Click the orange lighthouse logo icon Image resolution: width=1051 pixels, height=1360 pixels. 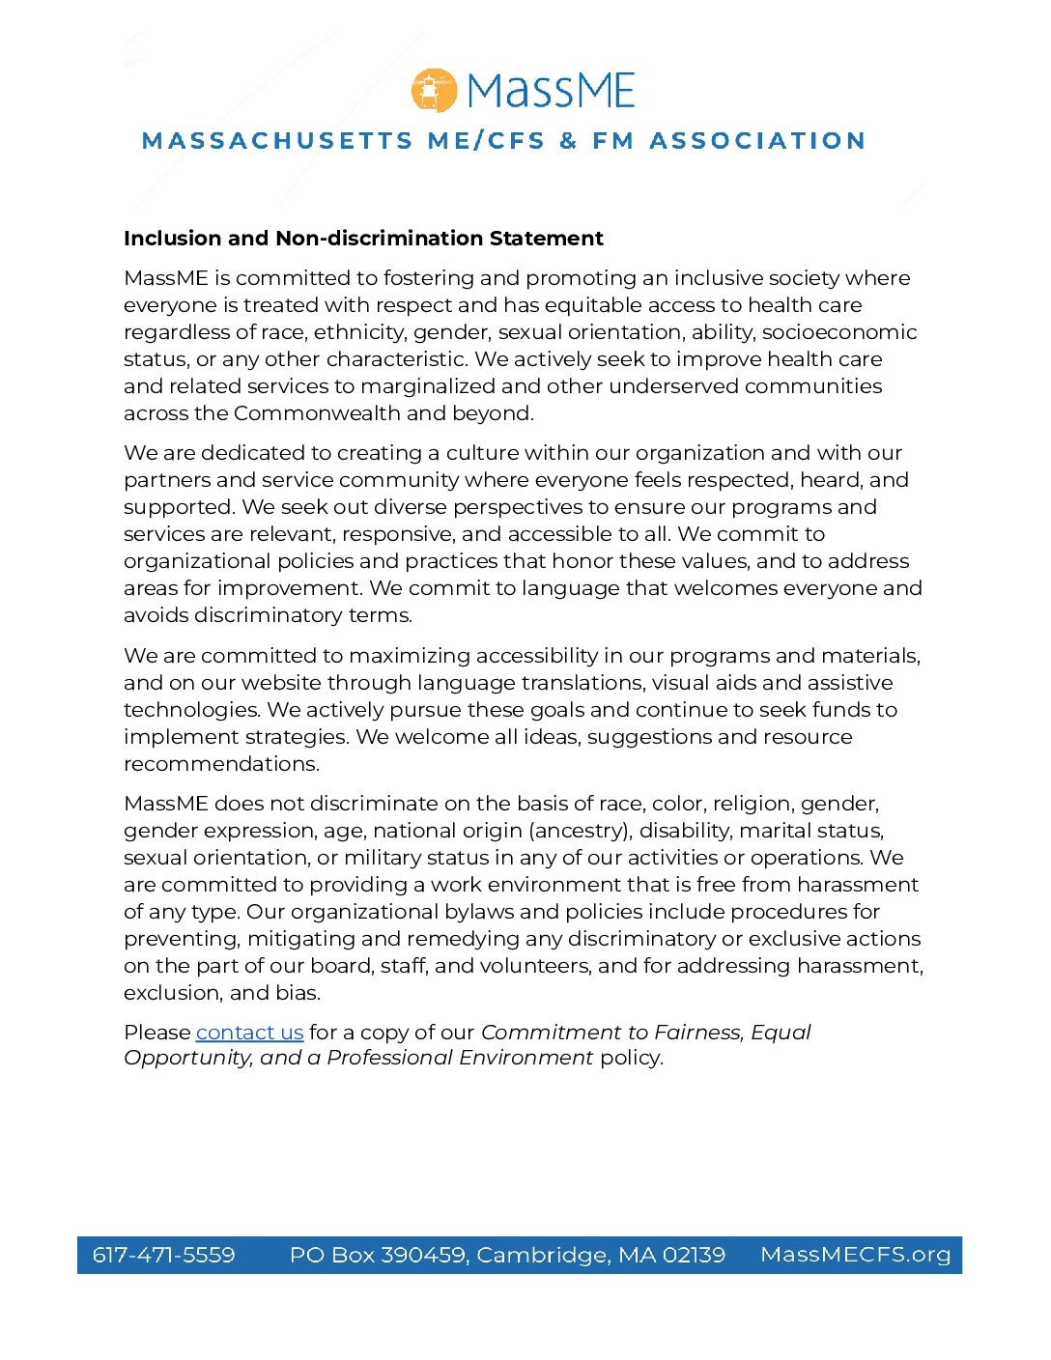point(434,91)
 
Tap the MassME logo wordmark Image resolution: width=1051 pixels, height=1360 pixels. point(551,91)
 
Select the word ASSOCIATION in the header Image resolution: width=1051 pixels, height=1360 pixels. point(757,141)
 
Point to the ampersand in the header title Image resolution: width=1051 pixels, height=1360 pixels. point(568,141)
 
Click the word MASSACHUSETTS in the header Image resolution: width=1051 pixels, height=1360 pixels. point(277,141)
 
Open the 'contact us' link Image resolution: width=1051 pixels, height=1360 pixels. point(249,1033)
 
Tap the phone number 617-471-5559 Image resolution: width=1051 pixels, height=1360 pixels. point(163,1255)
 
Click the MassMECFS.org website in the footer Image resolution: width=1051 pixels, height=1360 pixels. point(855,1255)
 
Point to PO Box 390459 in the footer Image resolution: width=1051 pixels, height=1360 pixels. point(379,1255)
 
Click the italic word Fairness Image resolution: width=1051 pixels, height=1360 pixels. point(698,1033)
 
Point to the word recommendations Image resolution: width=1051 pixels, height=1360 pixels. point(221,764)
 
